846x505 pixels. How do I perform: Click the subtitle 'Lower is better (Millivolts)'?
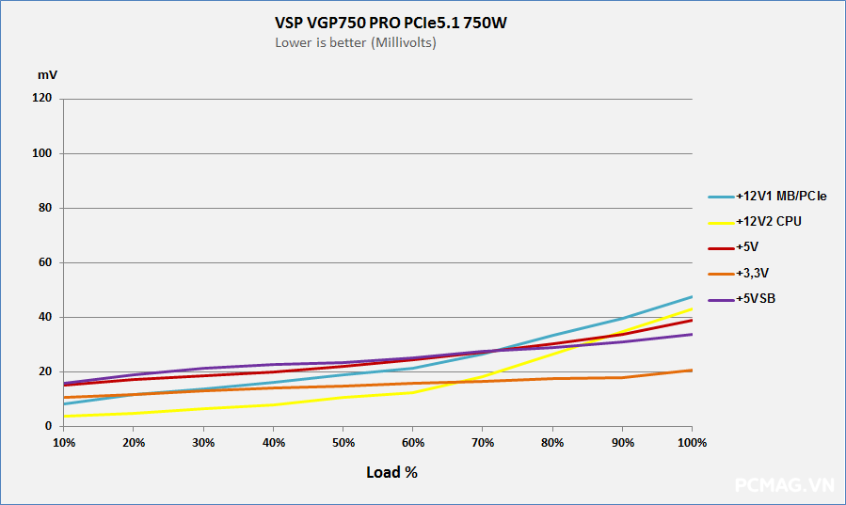(x=356, y=42)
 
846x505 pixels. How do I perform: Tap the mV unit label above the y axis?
(x=47, y=73)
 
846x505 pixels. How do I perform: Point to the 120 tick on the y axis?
(x=42, y=99)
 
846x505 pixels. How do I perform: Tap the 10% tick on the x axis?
(x=64, y=442)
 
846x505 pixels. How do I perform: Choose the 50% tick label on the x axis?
(x=343, y=442)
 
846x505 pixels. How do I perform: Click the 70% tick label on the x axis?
(x=483, y=442)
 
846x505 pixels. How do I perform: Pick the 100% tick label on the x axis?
(x=692, y=442)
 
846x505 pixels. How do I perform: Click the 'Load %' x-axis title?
(x=391, y=472)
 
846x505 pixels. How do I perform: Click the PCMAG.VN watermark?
(x=784, y=485)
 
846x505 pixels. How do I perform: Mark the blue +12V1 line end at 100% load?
(x=692, y=297)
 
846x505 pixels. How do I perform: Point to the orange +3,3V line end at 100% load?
(x=692, y=371)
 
